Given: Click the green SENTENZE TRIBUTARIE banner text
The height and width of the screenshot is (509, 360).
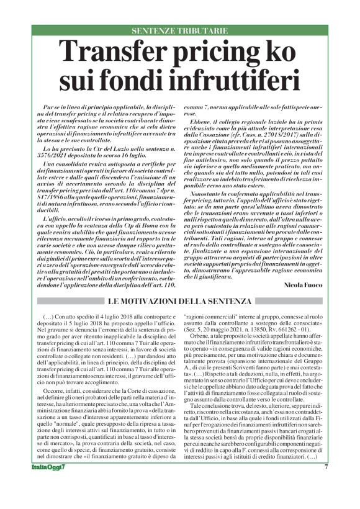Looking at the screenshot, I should click(179, 30).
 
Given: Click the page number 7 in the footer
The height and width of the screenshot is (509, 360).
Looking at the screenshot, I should click(326, 485).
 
